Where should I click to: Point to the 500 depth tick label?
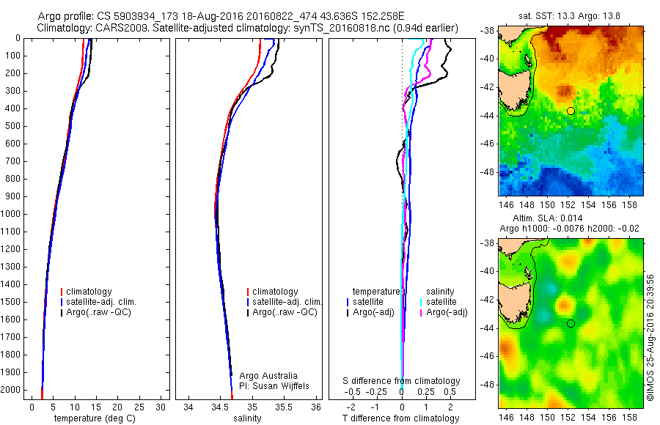13,126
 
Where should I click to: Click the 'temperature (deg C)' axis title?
95,418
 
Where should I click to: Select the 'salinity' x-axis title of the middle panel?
248,418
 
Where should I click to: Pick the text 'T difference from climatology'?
401,418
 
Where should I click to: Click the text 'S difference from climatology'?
401,381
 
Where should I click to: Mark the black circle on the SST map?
571,111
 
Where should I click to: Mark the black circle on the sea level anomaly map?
571,323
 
